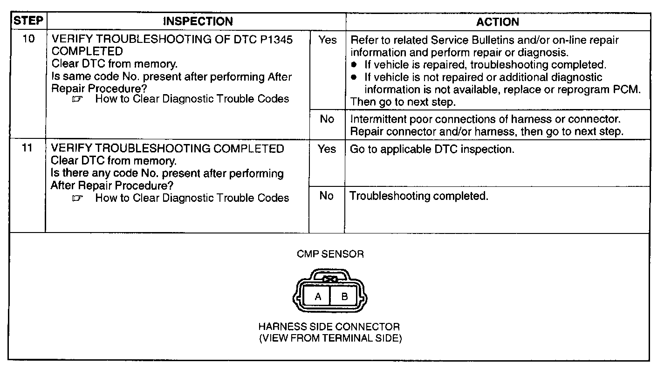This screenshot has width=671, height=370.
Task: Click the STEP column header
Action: pyautogui.click(x=28, y=21)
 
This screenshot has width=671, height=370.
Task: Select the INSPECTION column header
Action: pyautogui.click(x=198, y=21)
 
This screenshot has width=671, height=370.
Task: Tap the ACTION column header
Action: pyautogui.click(x=497, y=22)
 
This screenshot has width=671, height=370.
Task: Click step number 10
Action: pyautogui.click(x=28, y=39)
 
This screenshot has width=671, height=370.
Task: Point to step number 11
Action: pyautogui.click(x=28, y=149)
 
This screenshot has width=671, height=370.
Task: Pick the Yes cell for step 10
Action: pyautogui.click(x=327, y=40)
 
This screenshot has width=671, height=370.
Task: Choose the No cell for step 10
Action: pyautogui.click(x=327, y=120)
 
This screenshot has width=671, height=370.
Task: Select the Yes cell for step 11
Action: pyautogui.click(x=327, y=149)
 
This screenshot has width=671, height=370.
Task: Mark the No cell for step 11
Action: pyautogui.click(x=327, y=196)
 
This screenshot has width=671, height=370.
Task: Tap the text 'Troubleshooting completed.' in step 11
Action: pyautogui.click(x=419, y=196)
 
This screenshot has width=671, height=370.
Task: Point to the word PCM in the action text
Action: pyautogui.click(x=627, y=89)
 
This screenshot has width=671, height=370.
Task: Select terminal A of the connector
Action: pyautogui.click(x=318, y=296)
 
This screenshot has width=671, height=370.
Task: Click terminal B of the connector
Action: pyautogui.click(x=345, y=296)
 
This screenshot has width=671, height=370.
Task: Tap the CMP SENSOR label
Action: pyautogui.click(x=330, y=254)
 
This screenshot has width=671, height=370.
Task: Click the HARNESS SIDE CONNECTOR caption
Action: pyautogui.click(x=329, y=327)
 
